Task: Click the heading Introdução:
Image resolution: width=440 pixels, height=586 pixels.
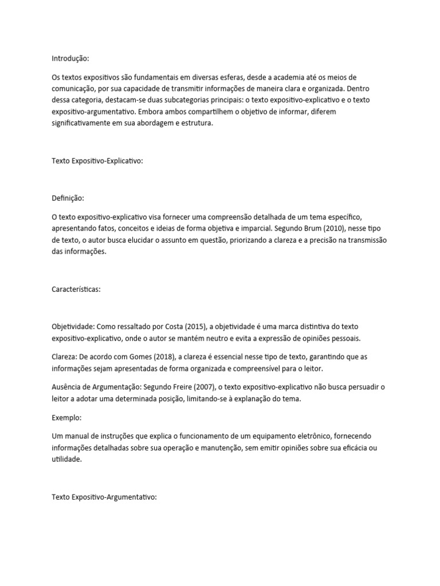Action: point(70,58)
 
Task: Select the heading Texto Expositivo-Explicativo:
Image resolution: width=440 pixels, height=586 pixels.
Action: point(97,161)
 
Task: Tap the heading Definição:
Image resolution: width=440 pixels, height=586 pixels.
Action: point(68,198)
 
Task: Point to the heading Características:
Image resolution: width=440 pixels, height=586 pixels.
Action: point(76,290)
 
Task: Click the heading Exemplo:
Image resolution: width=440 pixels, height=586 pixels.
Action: point(66,418)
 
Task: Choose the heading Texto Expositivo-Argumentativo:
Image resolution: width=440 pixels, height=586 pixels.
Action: point(104,498)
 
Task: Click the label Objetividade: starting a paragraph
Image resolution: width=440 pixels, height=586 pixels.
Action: point(73,327)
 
